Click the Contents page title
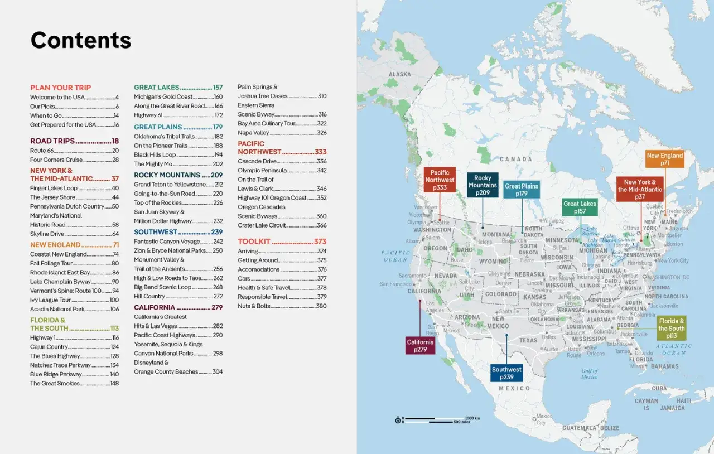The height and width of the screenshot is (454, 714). pos(81,40)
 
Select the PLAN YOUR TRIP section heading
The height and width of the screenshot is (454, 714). pos(60,88)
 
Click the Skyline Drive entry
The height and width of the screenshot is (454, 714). pos(47,234)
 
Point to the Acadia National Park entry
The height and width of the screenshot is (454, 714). pos(57,309)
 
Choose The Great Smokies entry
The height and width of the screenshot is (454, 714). pos(55,383)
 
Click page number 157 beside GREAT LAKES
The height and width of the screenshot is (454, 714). pos(217,88)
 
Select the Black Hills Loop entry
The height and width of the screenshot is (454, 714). pos(155,154)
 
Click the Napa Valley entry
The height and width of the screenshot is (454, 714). pos(253,133)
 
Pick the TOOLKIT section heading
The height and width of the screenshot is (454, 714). pos(254,242)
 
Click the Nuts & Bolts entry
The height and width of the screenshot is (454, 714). pos(254,306)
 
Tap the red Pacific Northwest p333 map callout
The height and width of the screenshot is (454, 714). pos(440,180)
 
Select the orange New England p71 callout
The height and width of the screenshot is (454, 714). pos(664,160)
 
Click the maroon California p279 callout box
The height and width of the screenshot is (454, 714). pos(420,346)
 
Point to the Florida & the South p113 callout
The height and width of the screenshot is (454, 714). pos(671,329)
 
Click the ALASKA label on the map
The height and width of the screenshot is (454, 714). pos(399,74)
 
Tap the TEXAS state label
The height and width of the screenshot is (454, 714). pos(528,340)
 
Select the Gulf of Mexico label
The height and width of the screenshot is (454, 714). pos(589,374)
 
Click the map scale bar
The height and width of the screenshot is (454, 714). pos(438,419)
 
